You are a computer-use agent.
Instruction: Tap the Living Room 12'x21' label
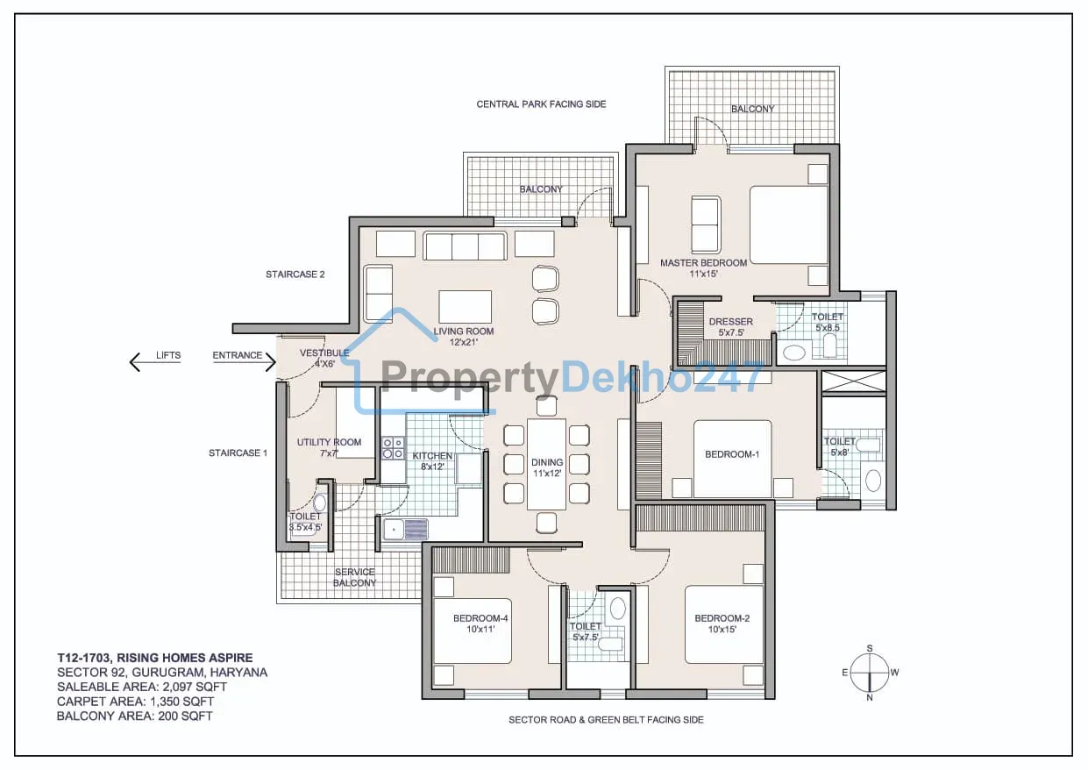click(x=464, y=337)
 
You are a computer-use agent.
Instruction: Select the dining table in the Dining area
click(x=546, y=464)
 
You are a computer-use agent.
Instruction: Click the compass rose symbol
click(x=870, y=673)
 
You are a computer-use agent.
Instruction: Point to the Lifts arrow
click(x=155, y=362)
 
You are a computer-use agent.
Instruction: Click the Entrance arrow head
click(x=271, y=362)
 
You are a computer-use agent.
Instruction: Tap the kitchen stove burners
click(x=393, y=448)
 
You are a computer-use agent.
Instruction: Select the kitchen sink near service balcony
click(x=405, y=529)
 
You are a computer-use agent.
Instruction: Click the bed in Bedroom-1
click(x=732, y=459)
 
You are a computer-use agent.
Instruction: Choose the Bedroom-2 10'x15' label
click(x=722, y=624)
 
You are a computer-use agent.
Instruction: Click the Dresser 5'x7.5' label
click(x=730, y=327)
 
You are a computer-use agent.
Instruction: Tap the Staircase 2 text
click(x=295, y=274)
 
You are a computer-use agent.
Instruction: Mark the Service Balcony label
click(x=354, y=577)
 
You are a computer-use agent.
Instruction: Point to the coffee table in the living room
click(x=465, y=307)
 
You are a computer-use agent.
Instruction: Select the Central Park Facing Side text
click(x=541, y=104)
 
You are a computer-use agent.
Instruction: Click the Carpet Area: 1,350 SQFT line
click(x=136, y=702)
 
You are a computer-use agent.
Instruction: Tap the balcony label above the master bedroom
click(x=752, y=109)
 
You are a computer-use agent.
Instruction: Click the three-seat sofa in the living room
click(x=465, y=246)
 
